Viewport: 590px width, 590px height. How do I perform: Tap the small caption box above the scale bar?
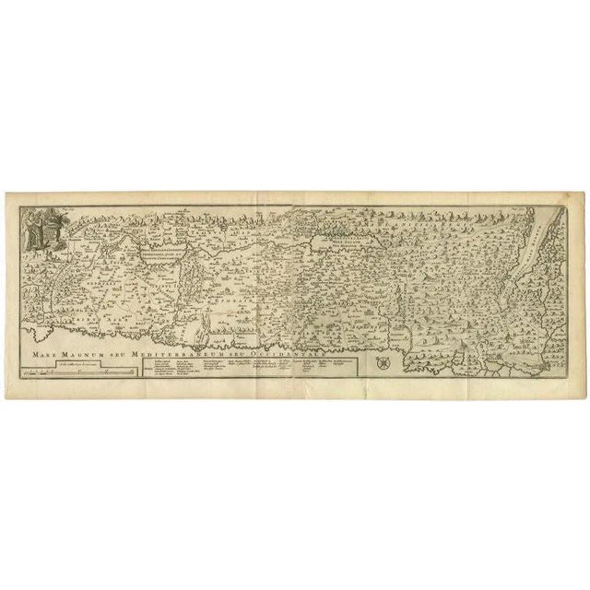tap(78, 364)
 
